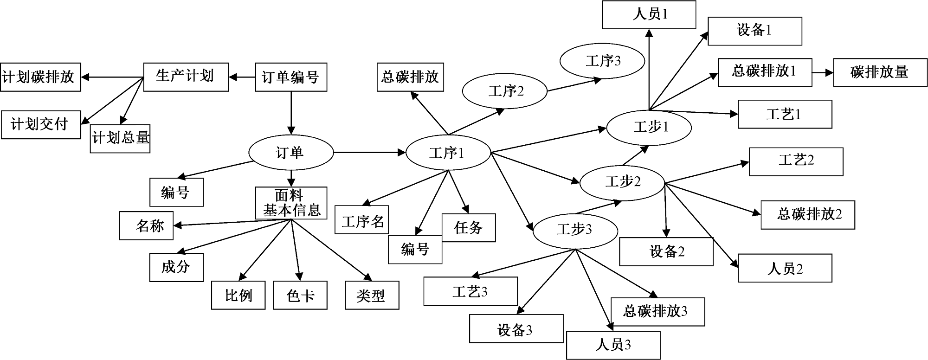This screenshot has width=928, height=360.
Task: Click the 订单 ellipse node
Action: (291, 153)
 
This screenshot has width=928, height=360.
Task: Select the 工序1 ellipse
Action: (448, 153)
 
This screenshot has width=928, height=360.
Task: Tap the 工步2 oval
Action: (622, 182)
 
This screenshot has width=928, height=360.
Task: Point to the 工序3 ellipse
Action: (602, 61)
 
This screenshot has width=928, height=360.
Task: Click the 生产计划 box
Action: (186, 77)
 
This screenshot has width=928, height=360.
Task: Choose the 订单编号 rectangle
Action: (291, 77)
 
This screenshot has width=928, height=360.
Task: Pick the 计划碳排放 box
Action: (40, 77)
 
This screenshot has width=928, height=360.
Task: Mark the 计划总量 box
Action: (120, 138)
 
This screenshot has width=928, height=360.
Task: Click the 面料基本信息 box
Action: (291, 203)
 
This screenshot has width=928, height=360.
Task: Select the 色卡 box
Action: (300, 295)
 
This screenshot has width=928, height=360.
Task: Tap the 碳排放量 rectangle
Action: (880, 72)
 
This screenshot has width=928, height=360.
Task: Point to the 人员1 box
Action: (649, 14)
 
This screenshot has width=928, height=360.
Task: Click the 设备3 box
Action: (516, 328)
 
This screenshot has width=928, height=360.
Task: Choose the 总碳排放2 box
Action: (807, 215)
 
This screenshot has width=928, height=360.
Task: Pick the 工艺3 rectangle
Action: (470, 291)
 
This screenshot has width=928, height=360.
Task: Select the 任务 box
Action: (468, 227)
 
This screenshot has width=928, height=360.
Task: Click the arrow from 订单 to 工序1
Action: (369, 152)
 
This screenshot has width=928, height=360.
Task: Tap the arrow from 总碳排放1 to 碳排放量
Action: (823, 72)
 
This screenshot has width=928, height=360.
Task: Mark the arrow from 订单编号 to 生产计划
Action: (242, 77)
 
